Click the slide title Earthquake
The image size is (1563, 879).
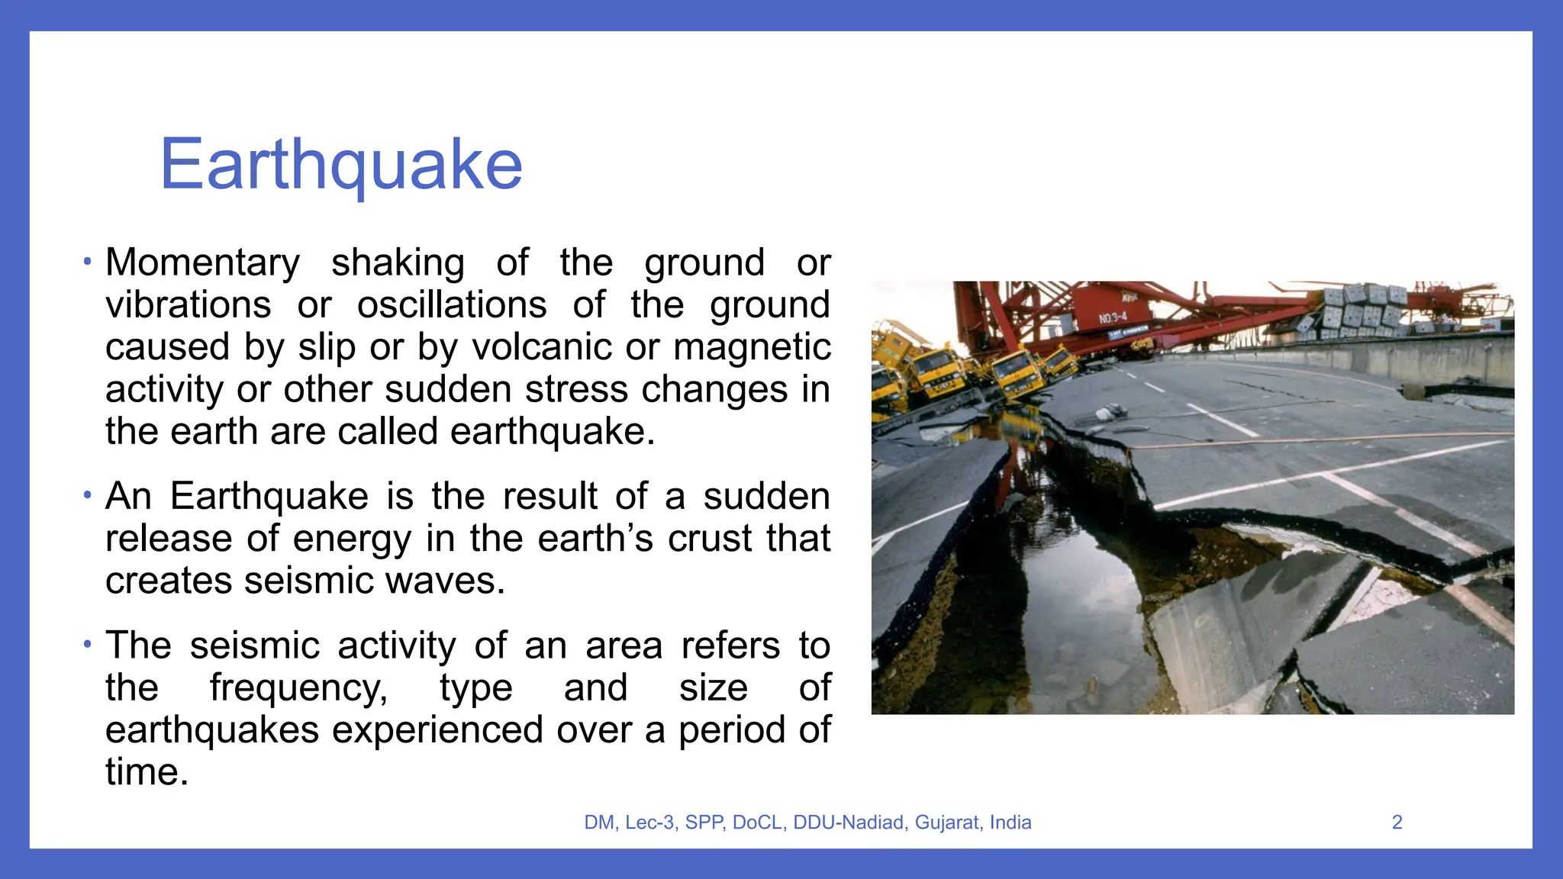(x=341, y=165)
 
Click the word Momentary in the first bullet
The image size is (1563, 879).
(x=202, y=263)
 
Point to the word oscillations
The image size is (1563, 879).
(x=452, y=305)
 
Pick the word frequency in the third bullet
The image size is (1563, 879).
(x=298, y=688)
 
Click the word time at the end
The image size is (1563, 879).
(x=146, y=772)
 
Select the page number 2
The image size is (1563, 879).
(x=1397, y=823)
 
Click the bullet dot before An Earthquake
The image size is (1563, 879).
(x=88, y=496)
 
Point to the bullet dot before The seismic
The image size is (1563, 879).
(x=88, y=645)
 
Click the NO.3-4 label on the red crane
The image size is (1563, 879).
(x=1112, y=317)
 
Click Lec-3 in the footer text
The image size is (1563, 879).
(x=649, y=823)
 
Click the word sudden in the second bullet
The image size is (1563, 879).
(x=765, y=497)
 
